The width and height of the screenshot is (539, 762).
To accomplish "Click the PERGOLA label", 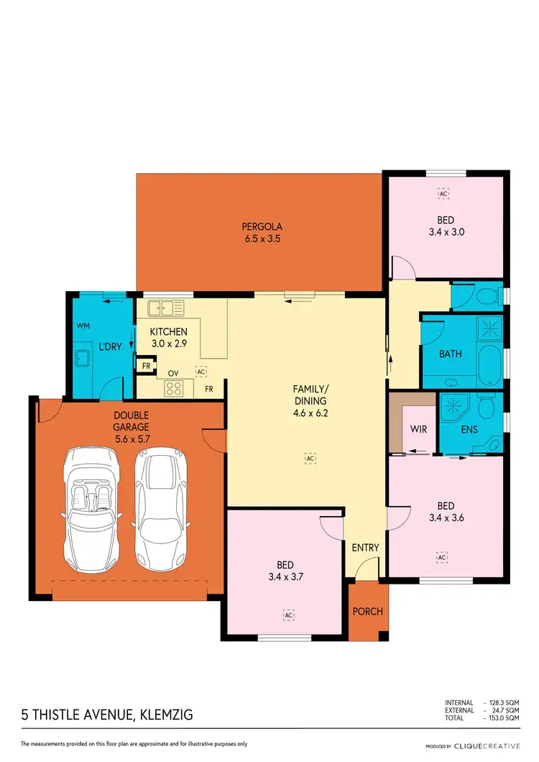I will click(x=260, y=227).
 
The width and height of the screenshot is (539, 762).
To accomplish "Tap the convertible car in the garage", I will click(x=93, y=506).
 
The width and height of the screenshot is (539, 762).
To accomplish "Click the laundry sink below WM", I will click(x=80, y=357).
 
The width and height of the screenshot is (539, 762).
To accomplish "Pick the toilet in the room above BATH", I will click(x=490, y=295).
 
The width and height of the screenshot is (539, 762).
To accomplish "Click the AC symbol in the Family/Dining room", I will click(x=310, y=458).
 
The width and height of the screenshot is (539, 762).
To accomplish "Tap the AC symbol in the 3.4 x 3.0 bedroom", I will click(x=443, y=194).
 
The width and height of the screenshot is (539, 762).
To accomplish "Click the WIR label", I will click(x=419, y=428).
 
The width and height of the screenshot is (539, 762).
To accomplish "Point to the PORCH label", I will click(x=368, y=612).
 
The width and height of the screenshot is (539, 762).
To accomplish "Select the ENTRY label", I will click(x=365, y=548).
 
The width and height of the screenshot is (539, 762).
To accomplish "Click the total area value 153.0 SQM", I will click(x=503, y=718).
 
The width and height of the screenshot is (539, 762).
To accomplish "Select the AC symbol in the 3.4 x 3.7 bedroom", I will click(x=288, y=615).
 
